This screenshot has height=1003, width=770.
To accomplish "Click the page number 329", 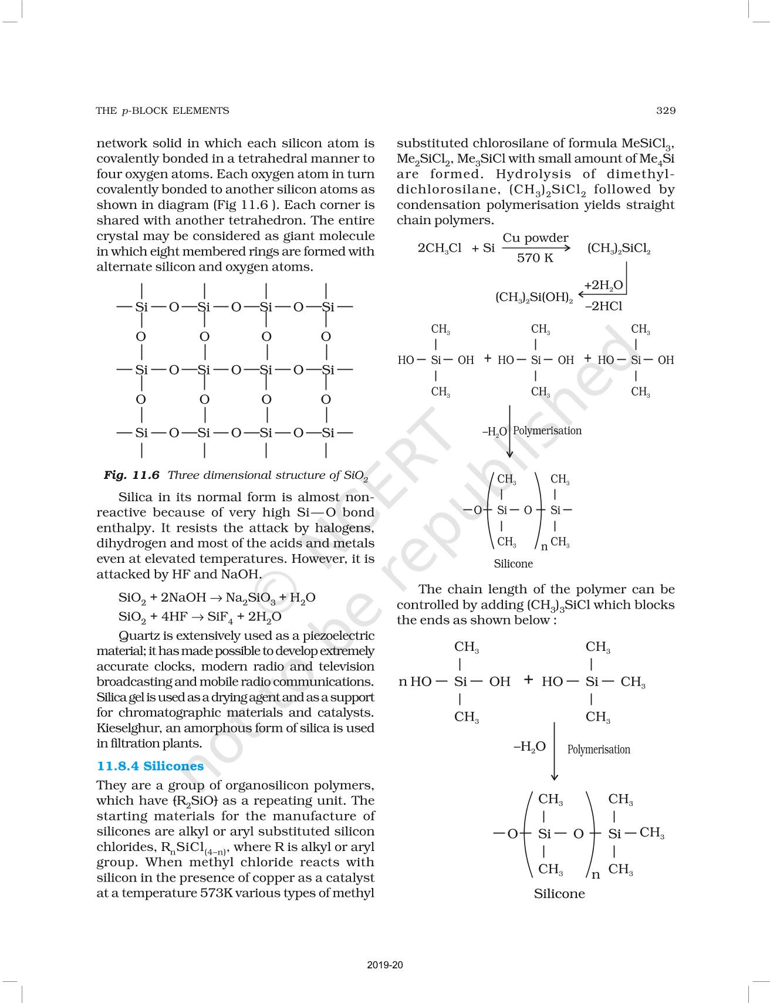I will pos(666,110).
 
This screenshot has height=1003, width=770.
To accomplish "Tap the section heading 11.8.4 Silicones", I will pos(150,766).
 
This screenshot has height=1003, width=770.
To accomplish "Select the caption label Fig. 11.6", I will pos(131,475).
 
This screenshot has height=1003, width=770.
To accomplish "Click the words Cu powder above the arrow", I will pos(535,238).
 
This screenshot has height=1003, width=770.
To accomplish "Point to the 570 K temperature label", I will pos(535,258).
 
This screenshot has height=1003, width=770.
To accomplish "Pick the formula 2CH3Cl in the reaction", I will pos(440,248).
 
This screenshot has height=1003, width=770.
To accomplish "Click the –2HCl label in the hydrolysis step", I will pos(603,306).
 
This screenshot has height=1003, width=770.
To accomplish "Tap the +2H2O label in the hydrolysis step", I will pos(603,286).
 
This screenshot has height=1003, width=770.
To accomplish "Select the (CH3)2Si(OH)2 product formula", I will pos(534,297).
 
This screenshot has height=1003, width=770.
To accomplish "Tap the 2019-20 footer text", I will pos(385,965).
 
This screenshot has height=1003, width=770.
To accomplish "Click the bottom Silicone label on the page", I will pos(559,893).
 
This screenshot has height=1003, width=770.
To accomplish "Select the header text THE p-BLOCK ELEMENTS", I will pos(163,110).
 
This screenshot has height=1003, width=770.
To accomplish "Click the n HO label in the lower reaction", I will pos(415,681).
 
